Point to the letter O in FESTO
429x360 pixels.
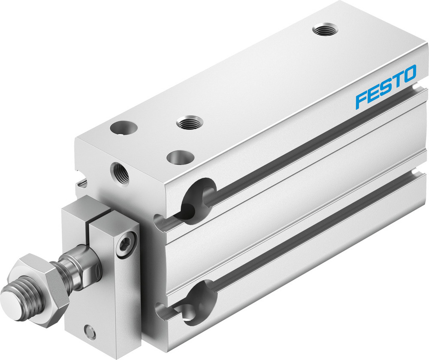pyautogui.click(x=409, y=74)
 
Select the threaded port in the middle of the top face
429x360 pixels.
pyautogui.click(x=189, y=123)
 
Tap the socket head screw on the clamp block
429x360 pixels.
pyautogui.click(x=129, y=238)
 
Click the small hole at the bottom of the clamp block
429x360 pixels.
pyautogui.click(x=90, y=331)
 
